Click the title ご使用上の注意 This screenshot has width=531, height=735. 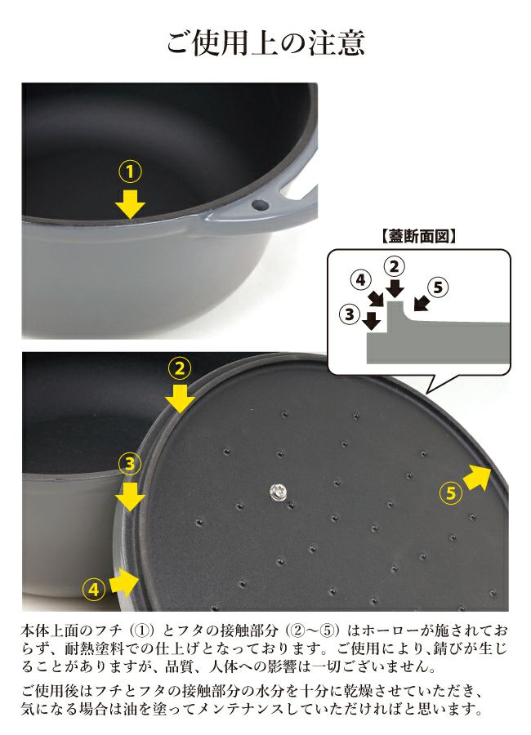(265, 42)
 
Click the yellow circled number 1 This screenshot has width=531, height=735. (130, 172)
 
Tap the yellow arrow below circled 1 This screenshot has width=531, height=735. (130, 204)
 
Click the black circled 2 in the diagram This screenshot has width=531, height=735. (394, 266)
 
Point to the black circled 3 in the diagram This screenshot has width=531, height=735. (350, 314)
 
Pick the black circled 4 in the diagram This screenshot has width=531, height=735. (361, 280)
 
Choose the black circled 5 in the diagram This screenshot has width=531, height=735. (438, 287)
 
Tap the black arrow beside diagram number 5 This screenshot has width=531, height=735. (422, 304)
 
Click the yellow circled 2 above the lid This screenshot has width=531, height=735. (180, 368)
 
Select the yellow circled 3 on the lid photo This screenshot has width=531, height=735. (129, 464)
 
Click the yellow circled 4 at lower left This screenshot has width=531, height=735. (94, 589)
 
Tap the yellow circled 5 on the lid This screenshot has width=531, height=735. (451, 492)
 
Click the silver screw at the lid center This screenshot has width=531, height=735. (278, 492)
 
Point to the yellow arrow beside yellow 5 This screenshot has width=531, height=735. (476, 476)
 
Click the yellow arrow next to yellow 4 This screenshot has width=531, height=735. (124, 581)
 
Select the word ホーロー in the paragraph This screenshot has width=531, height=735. (391, 630)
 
